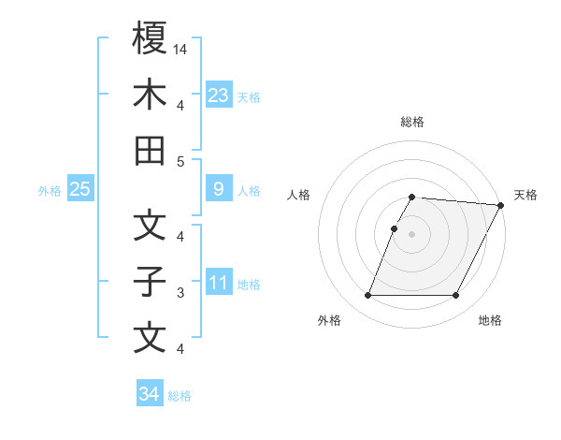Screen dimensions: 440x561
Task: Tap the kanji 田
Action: pyautogui.click(x=150, y=151)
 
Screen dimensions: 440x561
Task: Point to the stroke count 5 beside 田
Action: pyautogui.click(x=181, y=161)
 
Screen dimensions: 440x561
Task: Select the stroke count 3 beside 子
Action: pyautogui.click(x=181, y=292)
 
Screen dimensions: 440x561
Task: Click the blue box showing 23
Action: pyautogui.click(x=218, y=95)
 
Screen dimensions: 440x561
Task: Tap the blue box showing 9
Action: pyautogui.click(x=218, y=189)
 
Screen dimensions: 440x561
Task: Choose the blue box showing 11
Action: pyautogui.click(x=218, y=283)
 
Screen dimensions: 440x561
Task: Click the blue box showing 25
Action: pyautogui.click(x=79, y=189)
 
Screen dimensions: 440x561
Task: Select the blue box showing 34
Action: pyautogui.click(x=149, y=394)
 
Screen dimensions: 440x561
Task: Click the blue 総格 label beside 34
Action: pyautogui.click(x=180, y=396)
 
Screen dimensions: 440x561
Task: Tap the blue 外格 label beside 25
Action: pyautogui.click(x=50, y=190)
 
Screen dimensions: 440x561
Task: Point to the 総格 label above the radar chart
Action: pyautogui.click(x=412, y=122)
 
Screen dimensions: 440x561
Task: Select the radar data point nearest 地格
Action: pyautogui.click(x=456, y=296)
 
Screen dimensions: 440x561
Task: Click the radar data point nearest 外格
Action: pyautogui.click(x=367, y=296)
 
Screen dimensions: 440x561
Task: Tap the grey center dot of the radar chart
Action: pyautogui.click(x=412, y=234)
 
